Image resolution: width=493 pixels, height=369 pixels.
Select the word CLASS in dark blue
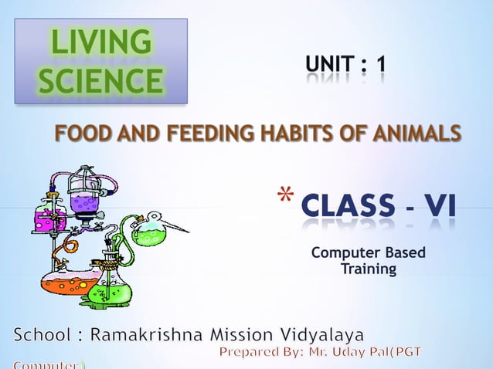pos(348,207)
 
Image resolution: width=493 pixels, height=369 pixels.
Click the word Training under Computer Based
pos(369,269)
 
